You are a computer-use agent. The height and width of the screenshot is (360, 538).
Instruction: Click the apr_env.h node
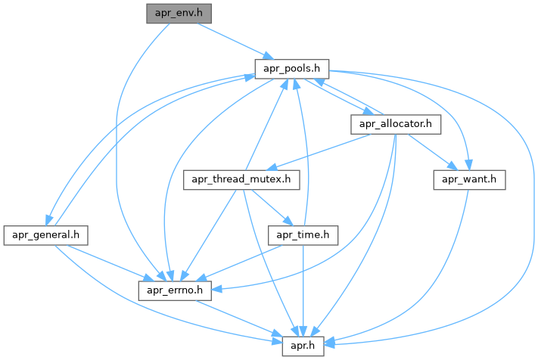179,13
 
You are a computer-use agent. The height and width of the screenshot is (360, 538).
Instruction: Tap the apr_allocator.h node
395,124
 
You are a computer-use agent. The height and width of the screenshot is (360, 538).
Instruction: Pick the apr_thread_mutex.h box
243,180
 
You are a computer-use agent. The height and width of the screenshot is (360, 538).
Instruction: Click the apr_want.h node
469,180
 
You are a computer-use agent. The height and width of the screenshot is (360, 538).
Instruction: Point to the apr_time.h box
303,235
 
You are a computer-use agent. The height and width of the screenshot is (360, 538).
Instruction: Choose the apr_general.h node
45,235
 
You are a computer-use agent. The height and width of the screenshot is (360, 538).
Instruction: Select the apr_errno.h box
179,290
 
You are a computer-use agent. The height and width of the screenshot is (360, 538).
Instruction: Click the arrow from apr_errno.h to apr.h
241,318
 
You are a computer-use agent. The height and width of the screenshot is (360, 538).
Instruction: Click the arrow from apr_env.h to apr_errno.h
120,151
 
